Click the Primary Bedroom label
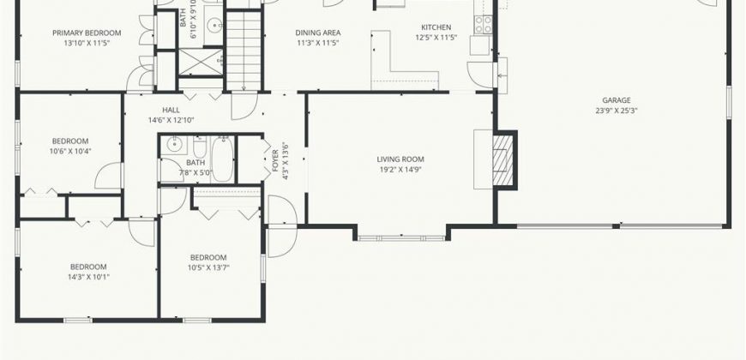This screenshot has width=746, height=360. (87, 33)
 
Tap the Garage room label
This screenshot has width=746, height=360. (617, 100)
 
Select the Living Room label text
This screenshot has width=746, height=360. (400, 159)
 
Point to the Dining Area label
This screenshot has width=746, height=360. (318, 33)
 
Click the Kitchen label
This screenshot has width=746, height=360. (436, 27)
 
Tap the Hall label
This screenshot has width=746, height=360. (171, 110)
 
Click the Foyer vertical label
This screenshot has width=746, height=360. (275, 161)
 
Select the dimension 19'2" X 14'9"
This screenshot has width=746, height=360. (400, 170)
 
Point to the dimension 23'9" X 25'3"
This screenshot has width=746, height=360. (617, 111)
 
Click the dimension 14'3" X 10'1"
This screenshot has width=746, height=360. (88, 277)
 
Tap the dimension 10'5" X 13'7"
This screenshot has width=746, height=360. (208, 267)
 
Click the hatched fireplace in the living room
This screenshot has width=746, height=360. (502, 159)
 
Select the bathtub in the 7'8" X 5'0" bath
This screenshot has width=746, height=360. (222, 159)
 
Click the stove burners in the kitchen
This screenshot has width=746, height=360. (484, 24)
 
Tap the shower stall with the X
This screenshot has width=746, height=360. (201, 63)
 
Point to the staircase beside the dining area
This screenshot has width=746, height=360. (244, 51)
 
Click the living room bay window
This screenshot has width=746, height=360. (401, 237)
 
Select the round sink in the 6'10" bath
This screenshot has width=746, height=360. (216, 24)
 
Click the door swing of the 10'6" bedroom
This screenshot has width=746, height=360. (110, 176)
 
